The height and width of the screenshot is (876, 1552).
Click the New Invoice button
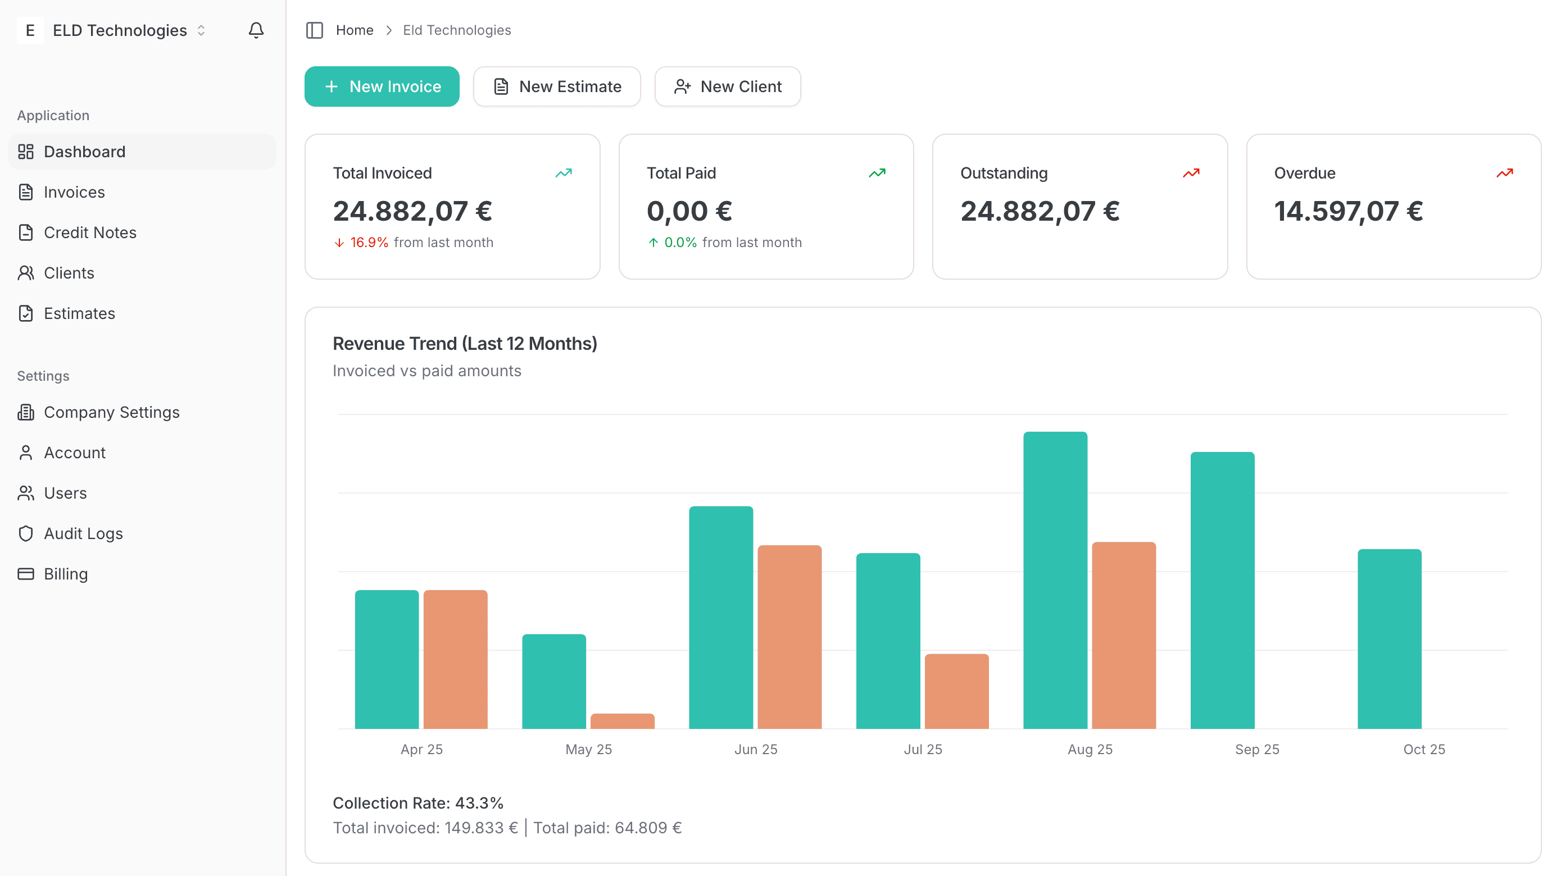pos(382,86)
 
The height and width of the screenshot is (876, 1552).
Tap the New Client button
pos(727,86)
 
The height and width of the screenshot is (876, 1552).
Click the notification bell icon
pos(256,30)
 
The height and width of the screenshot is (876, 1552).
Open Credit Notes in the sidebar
pos(90,232)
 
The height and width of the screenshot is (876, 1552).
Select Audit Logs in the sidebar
pos(83,533)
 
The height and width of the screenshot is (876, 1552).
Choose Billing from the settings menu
pos(66,574)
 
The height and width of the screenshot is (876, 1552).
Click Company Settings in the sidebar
pos(111,412)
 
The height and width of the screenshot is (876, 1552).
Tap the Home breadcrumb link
pos(354,30)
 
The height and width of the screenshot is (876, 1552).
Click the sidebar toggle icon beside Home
pos(315,30)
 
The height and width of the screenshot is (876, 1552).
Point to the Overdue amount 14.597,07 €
pos(1349,211)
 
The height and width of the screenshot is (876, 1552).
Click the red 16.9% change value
pos(369,242)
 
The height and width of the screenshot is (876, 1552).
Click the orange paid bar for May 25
pos(623,720)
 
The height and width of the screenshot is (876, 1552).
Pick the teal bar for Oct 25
pos(1390,638)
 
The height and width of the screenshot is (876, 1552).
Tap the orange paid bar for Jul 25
pos(957,691)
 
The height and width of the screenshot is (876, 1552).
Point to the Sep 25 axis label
pos(1257,749)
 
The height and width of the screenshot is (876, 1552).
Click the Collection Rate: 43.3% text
pos(418,802)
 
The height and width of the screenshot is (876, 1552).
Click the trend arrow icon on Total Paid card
pos(877,174)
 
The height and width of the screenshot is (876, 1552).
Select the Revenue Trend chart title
pos(465,343)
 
